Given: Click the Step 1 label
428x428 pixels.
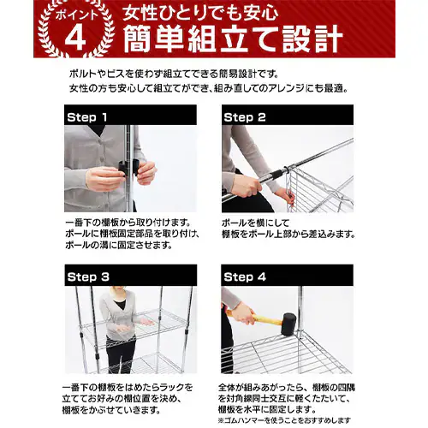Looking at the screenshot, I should (x=87, y=116).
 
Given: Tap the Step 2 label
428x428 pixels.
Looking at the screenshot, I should (x=245, y=116).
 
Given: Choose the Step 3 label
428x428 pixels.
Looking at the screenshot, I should (x=87, y=276).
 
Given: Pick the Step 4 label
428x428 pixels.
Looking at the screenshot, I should (x=245, y=276).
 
